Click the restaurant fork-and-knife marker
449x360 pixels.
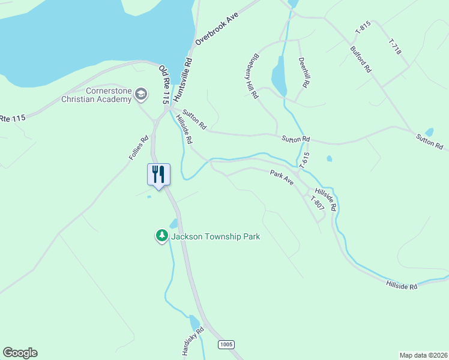pos(158,175)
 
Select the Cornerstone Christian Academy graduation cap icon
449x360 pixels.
pos(141,94)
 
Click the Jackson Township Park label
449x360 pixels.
pos(215,236)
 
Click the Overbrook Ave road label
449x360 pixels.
pos(217,28)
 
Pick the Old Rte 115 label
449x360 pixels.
pos(164,85)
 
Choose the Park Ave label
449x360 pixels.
pos(282,178)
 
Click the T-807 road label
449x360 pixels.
pos(317,202)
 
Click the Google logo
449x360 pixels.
pos(20,353)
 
